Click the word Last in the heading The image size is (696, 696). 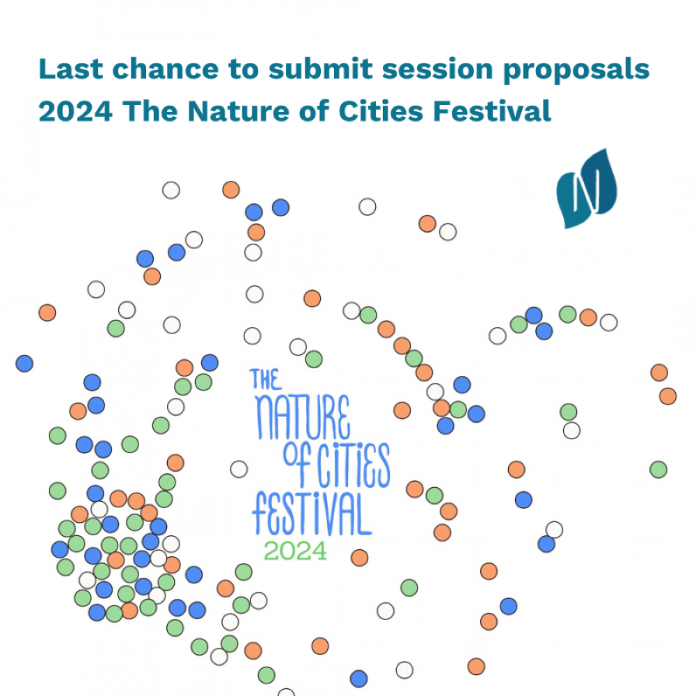coord(71,69)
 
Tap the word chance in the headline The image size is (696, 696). coord(166,69)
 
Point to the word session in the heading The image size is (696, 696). coord(438,70)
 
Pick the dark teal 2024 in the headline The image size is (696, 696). coord(75,111)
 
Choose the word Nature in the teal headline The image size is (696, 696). coord(238,111)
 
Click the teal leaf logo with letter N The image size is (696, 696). coord(586,189)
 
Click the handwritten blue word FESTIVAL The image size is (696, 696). coord(312,514)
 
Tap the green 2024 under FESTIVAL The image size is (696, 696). coord(295,551)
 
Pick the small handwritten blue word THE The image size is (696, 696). coord(265,379)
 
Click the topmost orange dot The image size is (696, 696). coord(231,190)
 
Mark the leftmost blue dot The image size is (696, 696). coord(24,363)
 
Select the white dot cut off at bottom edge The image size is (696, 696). coord(286,692)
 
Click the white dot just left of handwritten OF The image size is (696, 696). coord(239,469)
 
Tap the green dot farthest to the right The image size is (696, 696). coord(658,470)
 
